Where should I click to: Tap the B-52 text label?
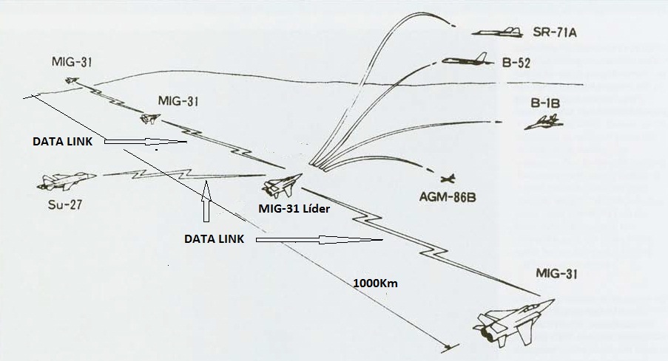point(514,63)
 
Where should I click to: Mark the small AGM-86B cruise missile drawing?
point(447,178)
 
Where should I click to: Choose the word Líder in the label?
point(314,208)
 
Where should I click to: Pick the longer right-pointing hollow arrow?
point(318,240)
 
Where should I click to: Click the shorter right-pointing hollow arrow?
point(144,141)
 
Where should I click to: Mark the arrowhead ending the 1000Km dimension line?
point(448,346)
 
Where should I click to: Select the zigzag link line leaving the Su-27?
point(148,174)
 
